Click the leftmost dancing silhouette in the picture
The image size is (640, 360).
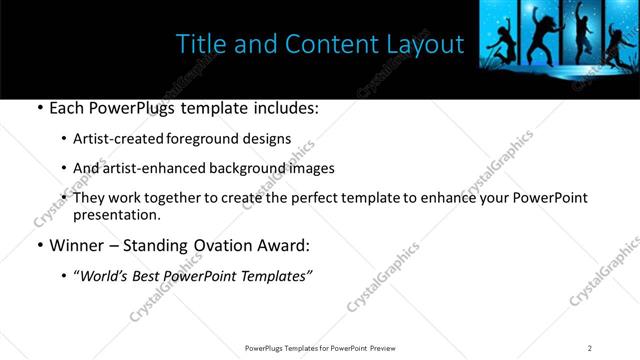(x=497, y=45)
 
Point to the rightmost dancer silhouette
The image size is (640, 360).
(x=611, y=40)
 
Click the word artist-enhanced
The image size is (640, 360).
(x=151, y=168)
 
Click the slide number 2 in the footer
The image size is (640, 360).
(x=590, y=347)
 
